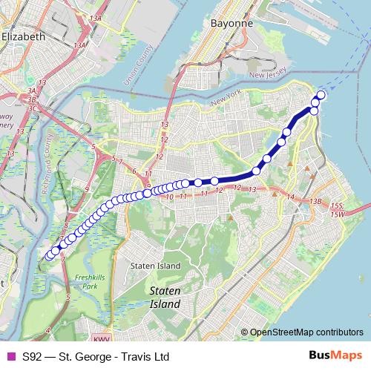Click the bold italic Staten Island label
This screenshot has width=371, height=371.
[x=164, y=298]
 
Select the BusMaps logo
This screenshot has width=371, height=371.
[x=335, y=356]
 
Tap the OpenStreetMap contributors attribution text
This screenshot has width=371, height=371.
[x=306, y=332]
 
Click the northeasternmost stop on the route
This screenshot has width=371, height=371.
[x=321, y=94]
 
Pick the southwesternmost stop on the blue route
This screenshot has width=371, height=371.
[x=49, y=257]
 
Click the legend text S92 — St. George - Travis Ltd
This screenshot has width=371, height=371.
[x=96, y=356]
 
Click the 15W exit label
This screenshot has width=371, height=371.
[x=338, y=214]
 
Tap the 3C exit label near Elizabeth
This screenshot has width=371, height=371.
[x=32, y=108]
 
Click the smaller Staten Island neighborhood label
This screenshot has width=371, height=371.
[x=155, y=266]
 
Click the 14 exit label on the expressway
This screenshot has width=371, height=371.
[x=291, y=197]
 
